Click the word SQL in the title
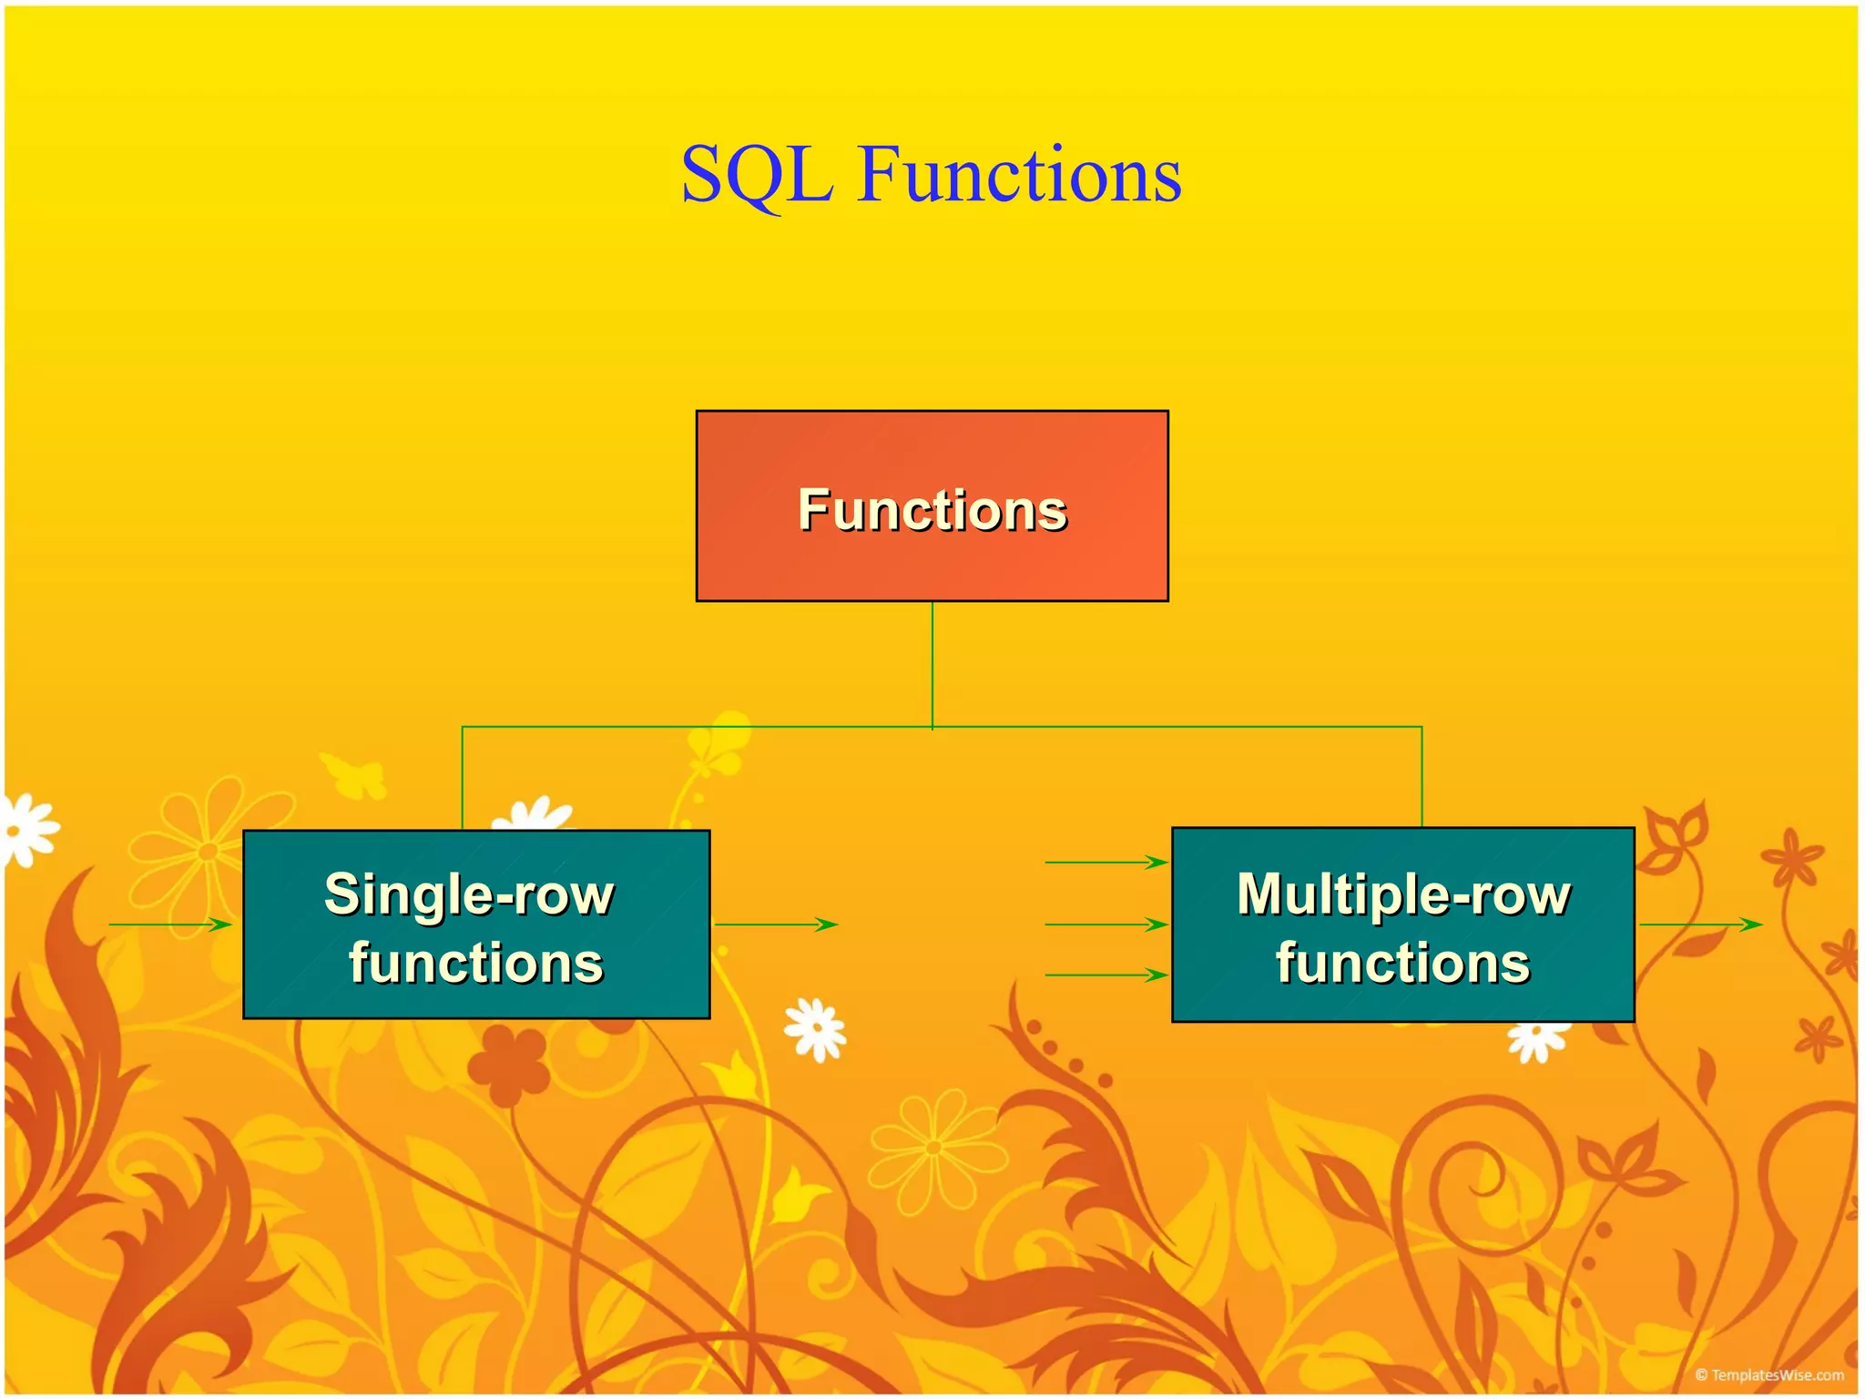[x=757, y=175]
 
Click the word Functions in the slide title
[x=1019, y=175]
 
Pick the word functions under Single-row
[x=475, y=963]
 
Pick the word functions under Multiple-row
[x=1402, y=963]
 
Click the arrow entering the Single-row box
[x=170, y=924]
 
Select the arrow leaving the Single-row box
[x=776, y=924]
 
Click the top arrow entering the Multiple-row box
[x=1106, y=862]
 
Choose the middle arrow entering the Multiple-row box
[x=1106, y=924]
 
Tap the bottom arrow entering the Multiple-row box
[x=1106, y=975]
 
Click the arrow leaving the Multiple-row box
[x=1700, y=924]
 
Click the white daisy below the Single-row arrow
[x=816, y=1029]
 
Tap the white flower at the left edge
[x=27, y=829]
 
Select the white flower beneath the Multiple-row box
[x=1538, y=1040]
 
